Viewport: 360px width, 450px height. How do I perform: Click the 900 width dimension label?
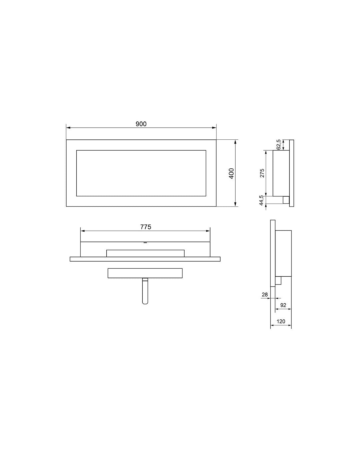point(141,124)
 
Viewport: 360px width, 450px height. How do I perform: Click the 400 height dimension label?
point(232,173)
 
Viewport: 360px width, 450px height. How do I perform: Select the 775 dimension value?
point(146,227)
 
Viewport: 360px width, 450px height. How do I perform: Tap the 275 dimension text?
point(262,173)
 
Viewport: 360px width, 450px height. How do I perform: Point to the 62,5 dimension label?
point(279,145)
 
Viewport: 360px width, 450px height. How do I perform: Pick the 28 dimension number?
point(265,295)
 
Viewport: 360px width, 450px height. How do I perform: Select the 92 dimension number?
point(283,305)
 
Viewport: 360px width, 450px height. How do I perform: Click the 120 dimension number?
point(281,322)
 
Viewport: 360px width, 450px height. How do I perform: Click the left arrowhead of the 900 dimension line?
point(68,128)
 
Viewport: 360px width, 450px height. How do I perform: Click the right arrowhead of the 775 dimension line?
point(208,231)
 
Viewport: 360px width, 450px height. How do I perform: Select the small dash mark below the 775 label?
point(145,243)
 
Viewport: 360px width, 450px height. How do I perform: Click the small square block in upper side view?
point(286,200)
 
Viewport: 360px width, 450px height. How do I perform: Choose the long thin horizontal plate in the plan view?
point(145,259)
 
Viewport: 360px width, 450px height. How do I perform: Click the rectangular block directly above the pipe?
point(145,273)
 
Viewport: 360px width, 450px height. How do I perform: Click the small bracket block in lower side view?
point(278,281)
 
